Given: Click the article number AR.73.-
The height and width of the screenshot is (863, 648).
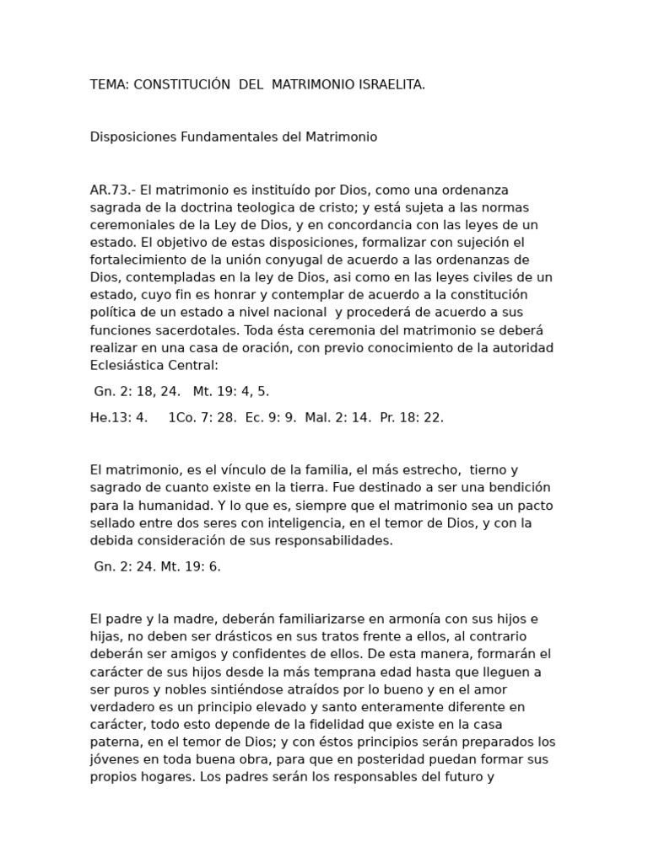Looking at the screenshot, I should [x=113, y=190].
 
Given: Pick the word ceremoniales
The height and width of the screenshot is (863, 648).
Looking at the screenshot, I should [x=128, y=225].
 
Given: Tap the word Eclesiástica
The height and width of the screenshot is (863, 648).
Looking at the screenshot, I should [x=128, y=365].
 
